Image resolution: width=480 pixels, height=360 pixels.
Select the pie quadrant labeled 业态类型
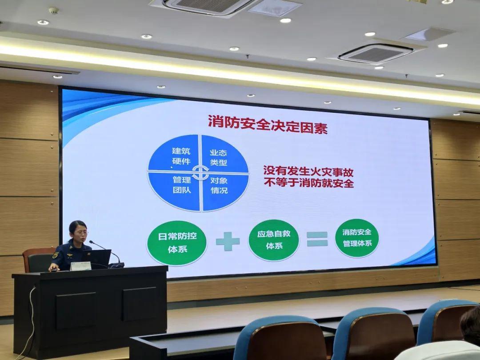(x=224, y=155)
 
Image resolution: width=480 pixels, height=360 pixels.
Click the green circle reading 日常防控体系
(x=177, y=243)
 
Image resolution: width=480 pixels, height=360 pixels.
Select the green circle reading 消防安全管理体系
(x=357, y=238)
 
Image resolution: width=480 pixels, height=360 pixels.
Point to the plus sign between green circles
(x=228, y=241)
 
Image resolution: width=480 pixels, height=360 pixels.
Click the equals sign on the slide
(x=317, y=239)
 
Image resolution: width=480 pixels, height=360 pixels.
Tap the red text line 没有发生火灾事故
(x=308, y=172)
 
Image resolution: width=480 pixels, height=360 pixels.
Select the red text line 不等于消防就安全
(x=309, y=183)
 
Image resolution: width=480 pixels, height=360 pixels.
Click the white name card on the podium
(x=80, y=266)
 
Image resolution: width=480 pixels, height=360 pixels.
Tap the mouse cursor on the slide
(x=172, y=167)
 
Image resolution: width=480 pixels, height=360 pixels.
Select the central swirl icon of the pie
(x=200, y=173)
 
